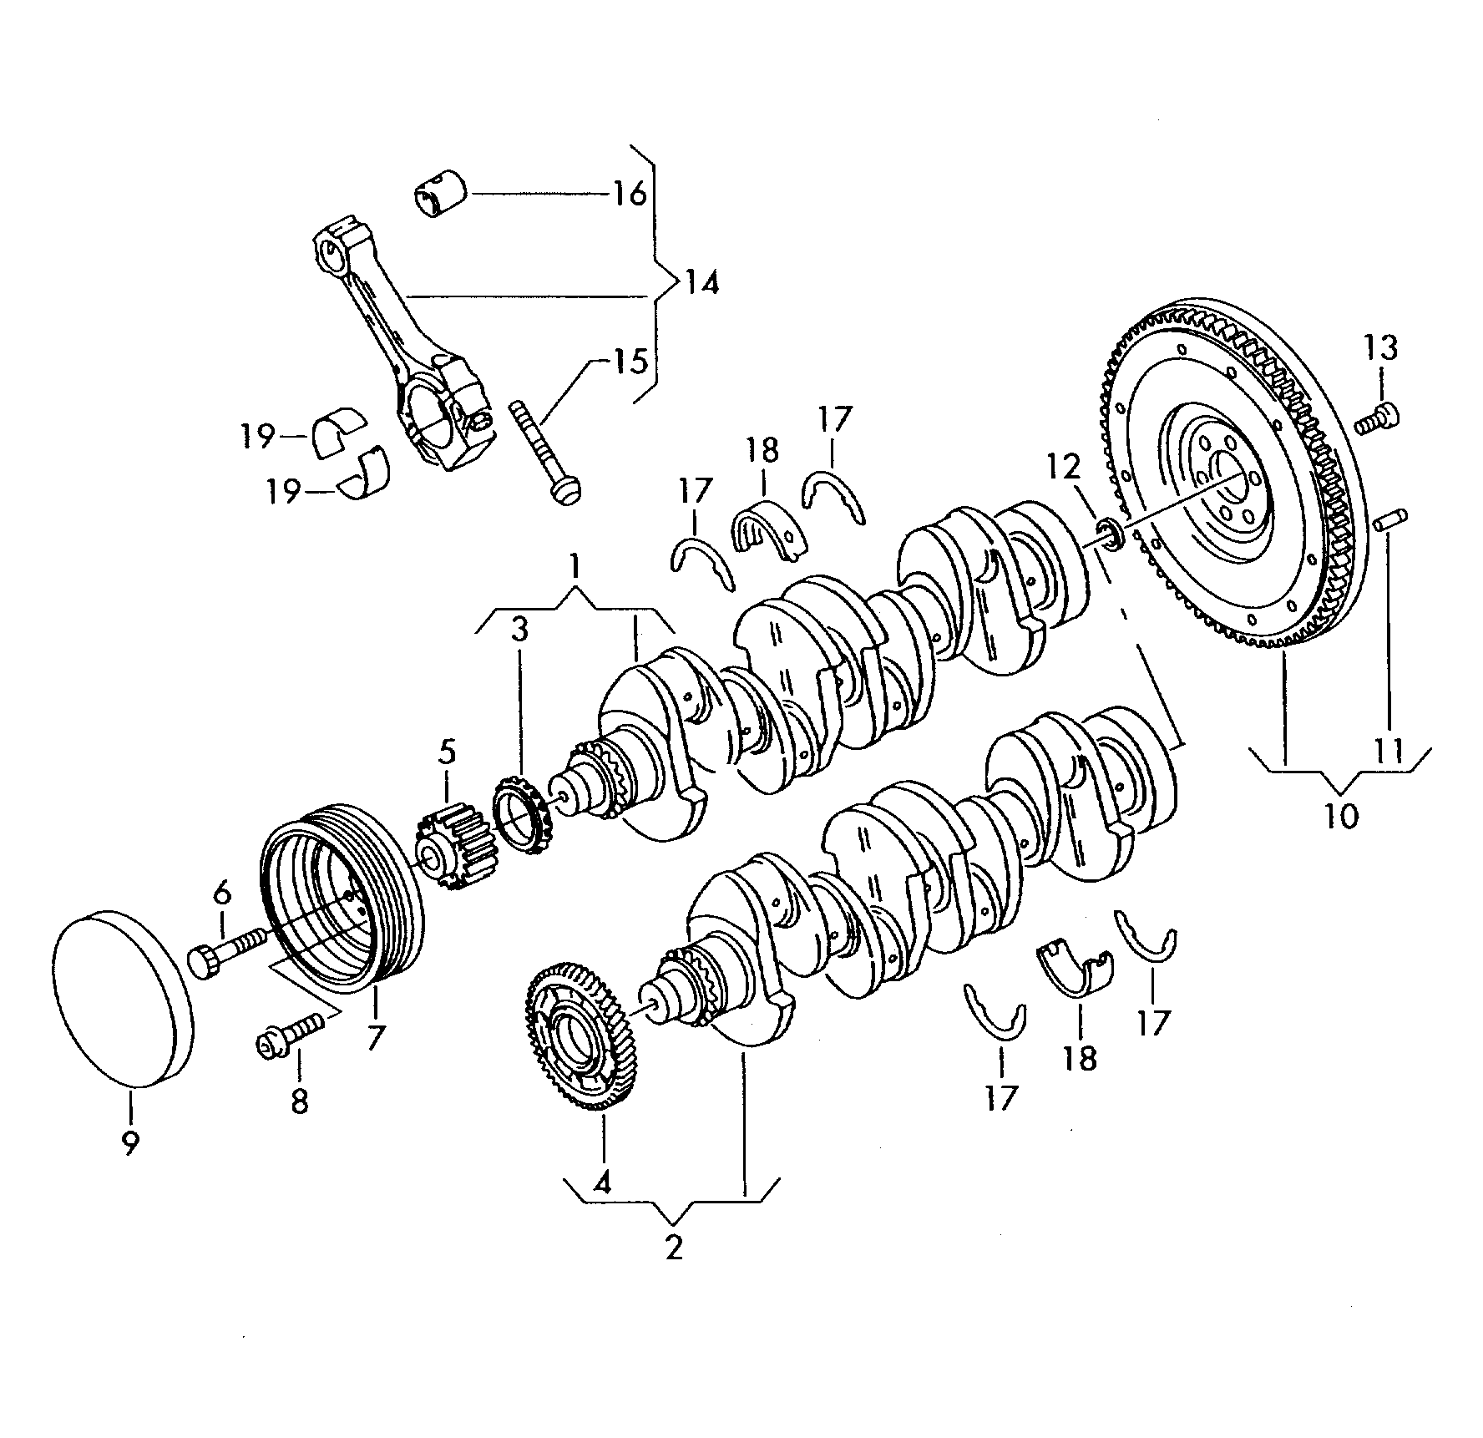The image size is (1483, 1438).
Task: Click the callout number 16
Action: (630, 194)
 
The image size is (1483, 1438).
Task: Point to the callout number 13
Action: (1381, 347)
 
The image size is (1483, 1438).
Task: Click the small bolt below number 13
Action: (1375, 418)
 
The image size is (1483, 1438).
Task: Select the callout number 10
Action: (1341, 815)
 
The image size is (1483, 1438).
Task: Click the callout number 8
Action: (299, 1101)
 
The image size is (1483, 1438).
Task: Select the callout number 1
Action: (574, 569)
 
